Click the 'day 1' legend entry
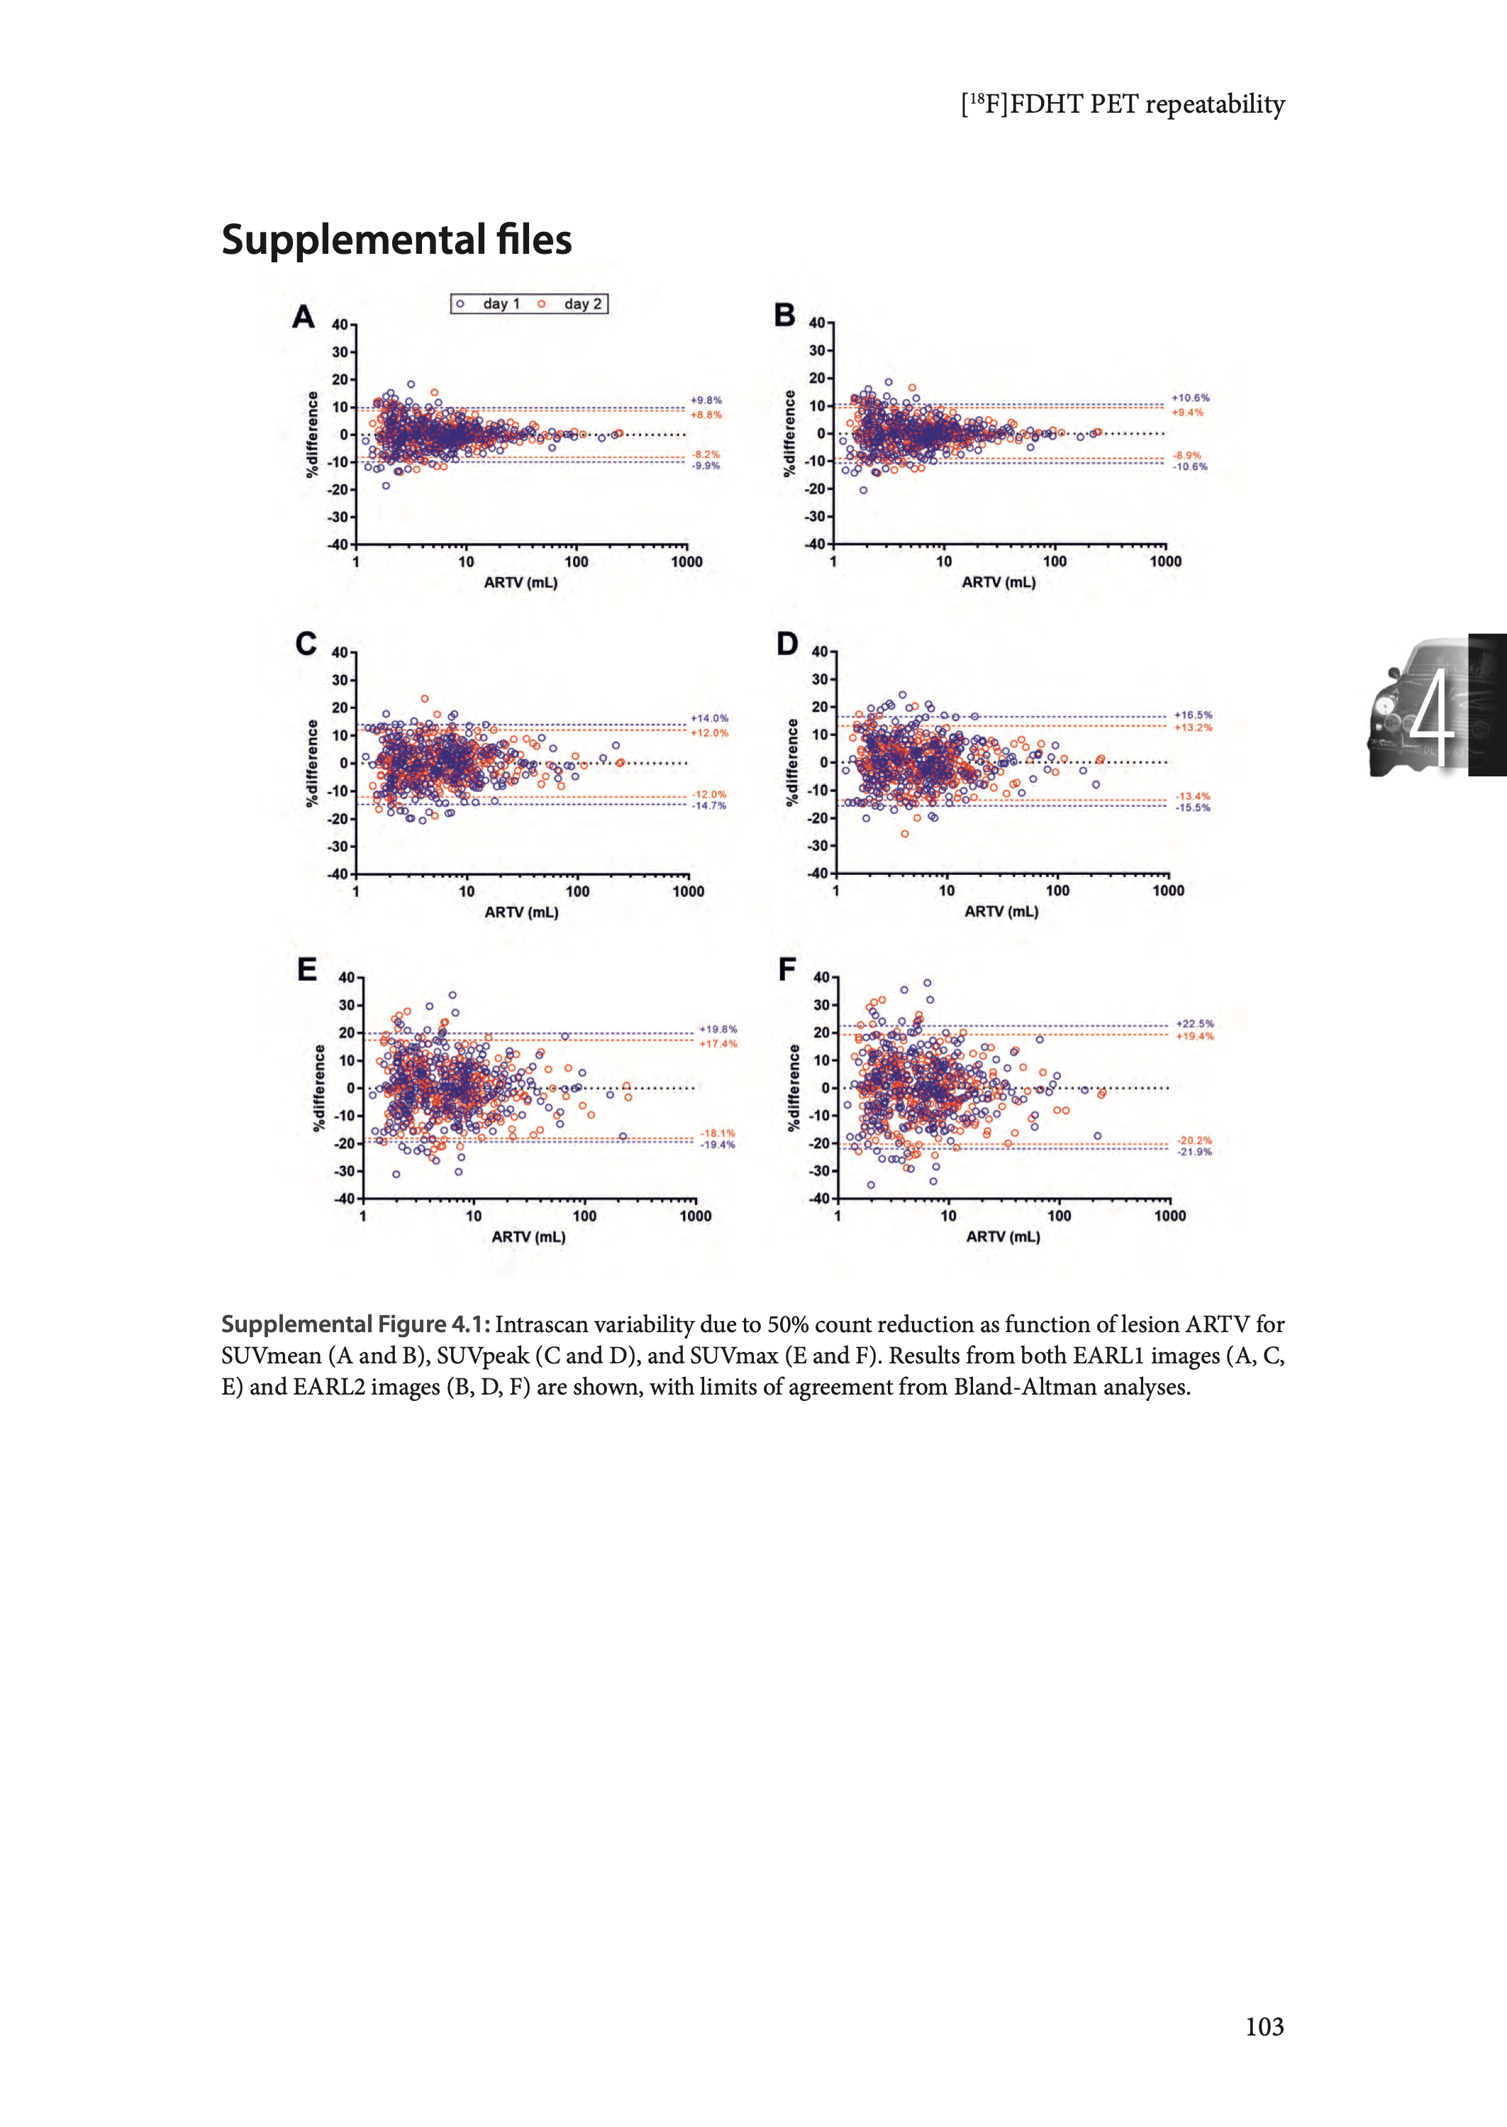(x=500, y=303)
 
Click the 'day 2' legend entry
(x=582, y=303)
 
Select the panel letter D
(x=787, y=644)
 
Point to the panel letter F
(x=787, y=971)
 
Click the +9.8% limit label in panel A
(x=706, y=401)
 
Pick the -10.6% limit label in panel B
(x=1191, y=467)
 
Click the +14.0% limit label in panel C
(x=710, y=718)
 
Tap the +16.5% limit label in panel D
(x=1194, y=715)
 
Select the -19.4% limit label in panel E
(x=717, y=1144)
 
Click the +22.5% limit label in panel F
(x=1195, y=1024)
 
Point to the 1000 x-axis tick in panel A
(x=686, y=562)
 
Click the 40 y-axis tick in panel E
(x=347, y=978)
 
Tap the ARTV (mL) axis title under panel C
(x=521, y=912)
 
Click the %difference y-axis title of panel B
(x=790, y=433)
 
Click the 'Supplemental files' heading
(x=396, y=240)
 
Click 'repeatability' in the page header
(x=1215, y=104)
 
